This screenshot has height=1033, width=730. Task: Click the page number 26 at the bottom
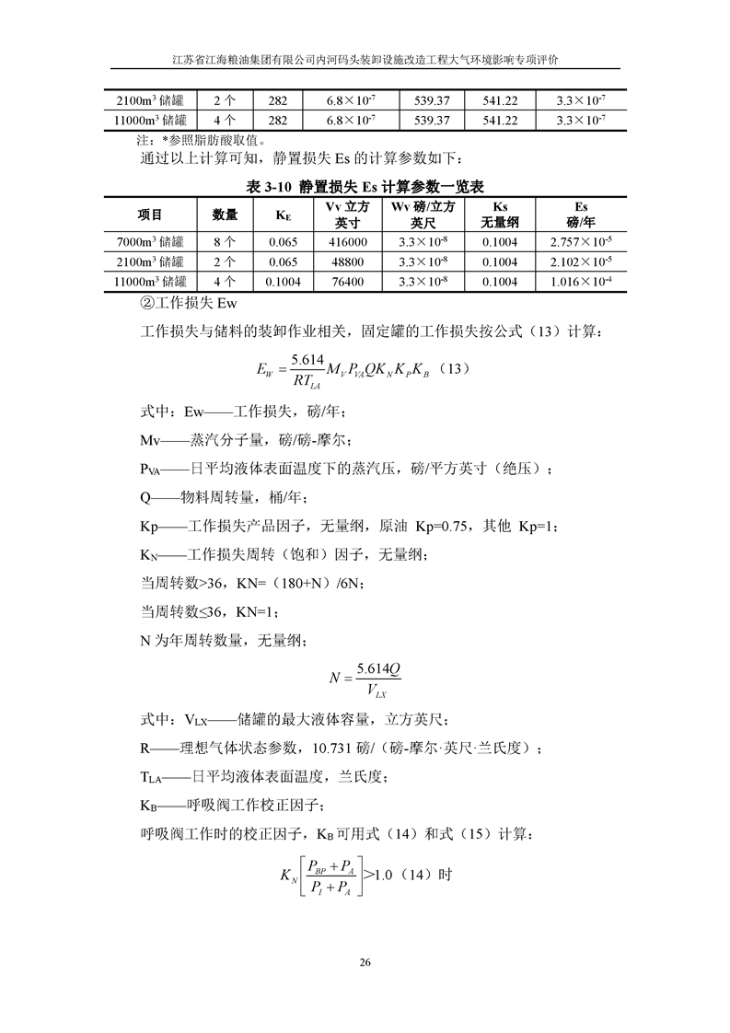[365, 963]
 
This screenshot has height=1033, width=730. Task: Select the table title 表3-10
[366, 186]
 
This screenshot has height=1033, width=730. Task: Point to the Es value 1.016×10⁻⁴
[580, 282]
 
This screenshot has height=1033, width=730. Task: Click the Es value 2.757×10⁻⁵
[580, 241]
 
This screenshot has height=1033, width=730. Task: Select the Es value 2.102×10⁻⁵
[580, 261]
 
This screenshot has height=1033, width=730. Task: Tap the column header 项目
[150, 215]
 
